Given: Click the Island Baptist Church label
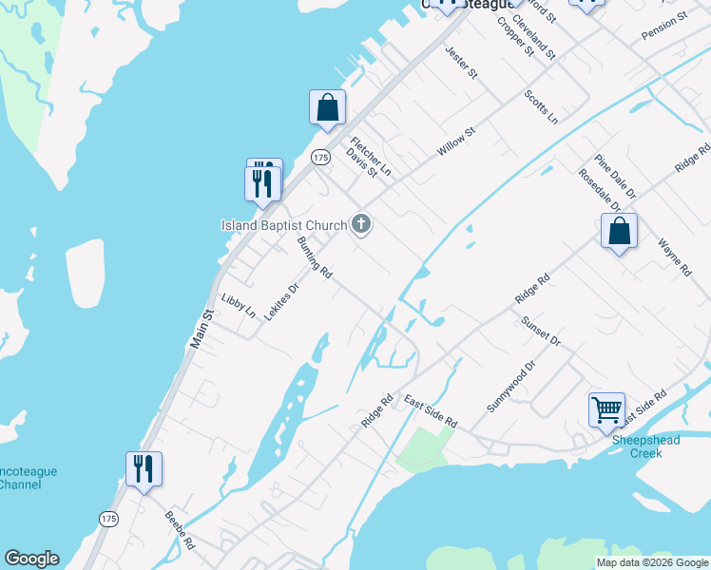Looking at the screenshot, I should click(x=284, y=225).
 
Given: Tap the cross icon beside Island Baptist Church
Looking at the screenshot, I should click(x=360, y=225).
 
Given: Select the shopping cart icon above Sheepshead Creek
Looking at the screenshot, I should click(x=606, y=410).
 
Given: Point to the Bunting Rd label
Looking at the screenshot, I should click(x=314, y=257).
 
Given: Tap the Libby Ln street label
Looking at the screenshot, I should click(x=238, y=306).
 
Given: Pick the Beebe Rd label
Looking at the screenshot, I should click(x=180, y=531).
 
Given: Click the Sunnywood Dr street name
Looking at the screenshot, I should click(x=511, y=386).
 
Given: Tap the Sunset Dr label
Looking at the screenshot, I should click(x=541, y=332).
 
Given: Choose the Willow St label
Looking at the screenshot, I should click(x=455, y=142).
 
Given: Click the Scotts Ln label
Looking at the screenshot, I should click(x=541, y=107).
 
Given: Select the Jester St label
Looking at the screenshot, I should click(x=461, y=61).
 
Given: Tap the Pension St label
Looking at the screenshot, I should click(x=663, y=27).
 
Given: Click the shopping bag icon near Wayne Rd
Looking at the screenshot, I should click(x=619, y=230).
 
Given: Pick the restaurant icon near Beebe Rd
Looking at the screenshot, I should click(x=144, y=468).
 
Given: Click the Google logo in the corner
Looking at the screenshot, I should click(x=31, y=559).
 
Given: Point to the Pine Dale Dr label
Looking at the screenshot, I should click(x=615, y=178).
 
